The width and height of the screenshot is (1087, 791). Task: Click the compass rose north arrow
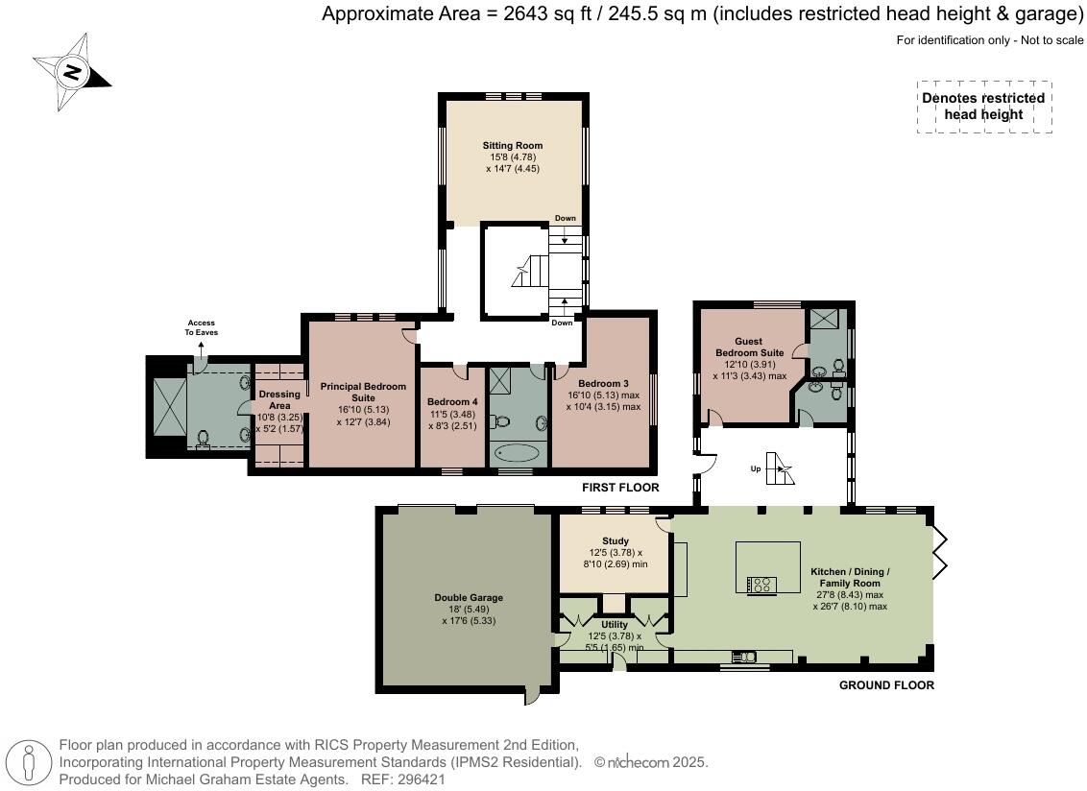pyautogui.click(x=72, y=72)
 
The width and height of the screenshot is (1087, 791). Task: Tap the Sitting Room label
pyautogui.click(x=513, y=146)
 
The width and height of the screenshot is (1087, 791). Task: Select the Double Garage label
pyautogui.click(x=469, y=598)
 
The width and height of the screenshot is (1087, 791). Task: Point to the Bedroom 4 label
pyautogui.click(x=452, y=402)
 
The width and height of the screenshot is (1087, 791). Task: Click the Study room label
pyautogui.click(x=616, y=540)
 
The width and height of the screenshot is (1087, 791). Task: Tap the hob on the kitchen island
pyautogui.click(x=761, y=585)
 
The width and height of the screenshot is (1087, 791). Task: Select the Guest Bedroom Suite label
pyautogui.click(x=749, y=347)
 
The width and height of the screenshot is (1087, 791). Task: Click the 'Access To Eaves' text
pyautogui.click(x=201, y=327)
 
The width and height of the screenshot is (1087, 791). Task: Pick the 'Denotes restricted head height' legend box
pyautogui.click(x=983, y=106)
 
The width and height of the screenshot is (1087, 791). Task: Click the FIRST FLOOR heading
pyautogui.click(x=620, y=488)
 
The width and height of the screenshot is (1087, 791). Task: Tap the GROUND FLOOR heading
pyautogui.click(x=886, y=685)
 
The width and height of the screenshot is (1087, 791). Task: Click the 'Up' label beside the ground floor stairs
pyautogui.click(x=756, y=468)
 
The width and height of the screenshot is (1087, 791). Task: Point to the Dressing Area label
pyautogui.click(x=279, y=400)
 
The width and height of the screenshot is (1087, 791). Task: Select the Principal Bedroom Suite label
pyautogui.click(x=363, y=393)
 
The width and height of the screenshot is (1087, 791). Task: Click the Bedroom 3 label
pyautogui.click(x=603, y=383)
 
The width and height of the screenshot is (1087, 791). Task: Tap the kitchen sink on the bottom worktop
pyautogui.click(x=744, y=656)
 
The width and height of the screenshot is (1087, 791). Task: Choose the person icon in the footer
pyautogui.click(x=29, y=762)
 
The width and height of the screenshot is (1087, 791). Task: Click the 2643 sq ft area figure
pyautogui.click(x=547, y=13)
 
